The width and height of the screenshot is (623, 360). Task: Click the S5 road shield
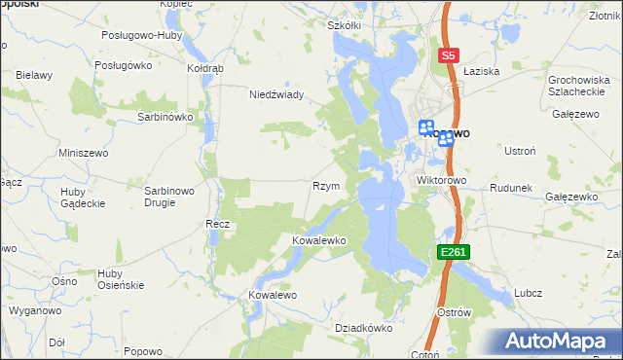[448, 56]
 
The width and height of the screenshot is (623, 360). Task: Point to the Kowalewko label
[319, 239]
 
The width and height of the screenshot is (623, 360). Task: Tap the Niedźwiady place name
[277, 94]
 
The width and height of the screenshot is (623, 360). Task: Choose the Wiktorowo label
[442, 181]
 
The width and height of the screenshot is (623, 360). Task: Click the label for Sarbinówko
[165, 116]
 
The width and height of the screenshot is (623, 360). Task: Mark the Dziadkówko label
[363, 329]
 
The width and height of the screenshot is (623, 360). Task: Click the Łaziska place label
[481, 71]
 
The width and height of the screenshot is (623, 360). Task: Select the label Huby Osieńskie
[122, 279]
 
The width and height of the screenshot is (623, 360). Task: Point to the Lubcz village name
[527, 293]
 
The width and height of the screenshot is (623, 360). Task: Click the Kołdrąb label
[205, 69]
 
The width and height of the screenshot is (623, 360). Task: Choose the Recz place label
[217, 224]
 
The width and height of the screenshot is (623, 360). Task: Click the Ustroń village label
[519, 151]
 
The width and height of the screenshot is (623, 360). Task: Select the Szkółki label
[345, 25]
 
